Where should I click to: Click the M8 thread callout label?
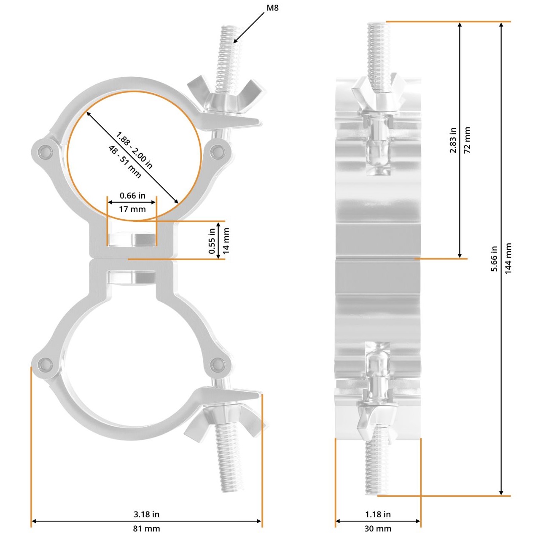coord(272,8)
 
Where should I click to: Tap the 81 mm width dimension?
coord(146,528)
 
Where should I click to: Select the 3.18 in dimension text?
coord(146,514)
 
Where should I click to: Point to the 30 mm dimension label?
coord(377,528)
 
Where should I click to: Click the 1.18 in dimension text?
coord(377,514)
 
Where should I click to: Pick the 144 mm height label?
coord(508,258)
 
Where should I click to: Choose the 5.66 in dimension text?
coord(494,258)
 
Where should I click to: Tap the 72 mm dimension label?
coord(467,140)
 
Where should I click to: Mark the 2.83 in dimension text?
coord(453,140)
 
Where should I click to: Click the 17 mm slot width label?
coord(132,209)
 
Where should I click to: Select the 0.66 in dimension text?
coord(132,195)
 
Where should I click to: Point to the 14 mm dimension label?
coord(226,241)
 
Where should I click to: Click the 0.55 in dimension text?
coord(212,241)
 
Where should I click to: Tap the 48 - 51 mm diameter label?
coord(125,161)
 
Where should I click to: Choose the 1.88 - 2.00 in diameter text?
coord(134,150)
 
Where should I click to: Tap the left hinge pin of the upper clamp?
coord(44,152)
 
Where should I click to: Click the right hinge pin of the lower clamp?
coord(218,364)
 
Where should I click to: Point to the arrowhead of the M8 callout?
coord(235,41)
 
